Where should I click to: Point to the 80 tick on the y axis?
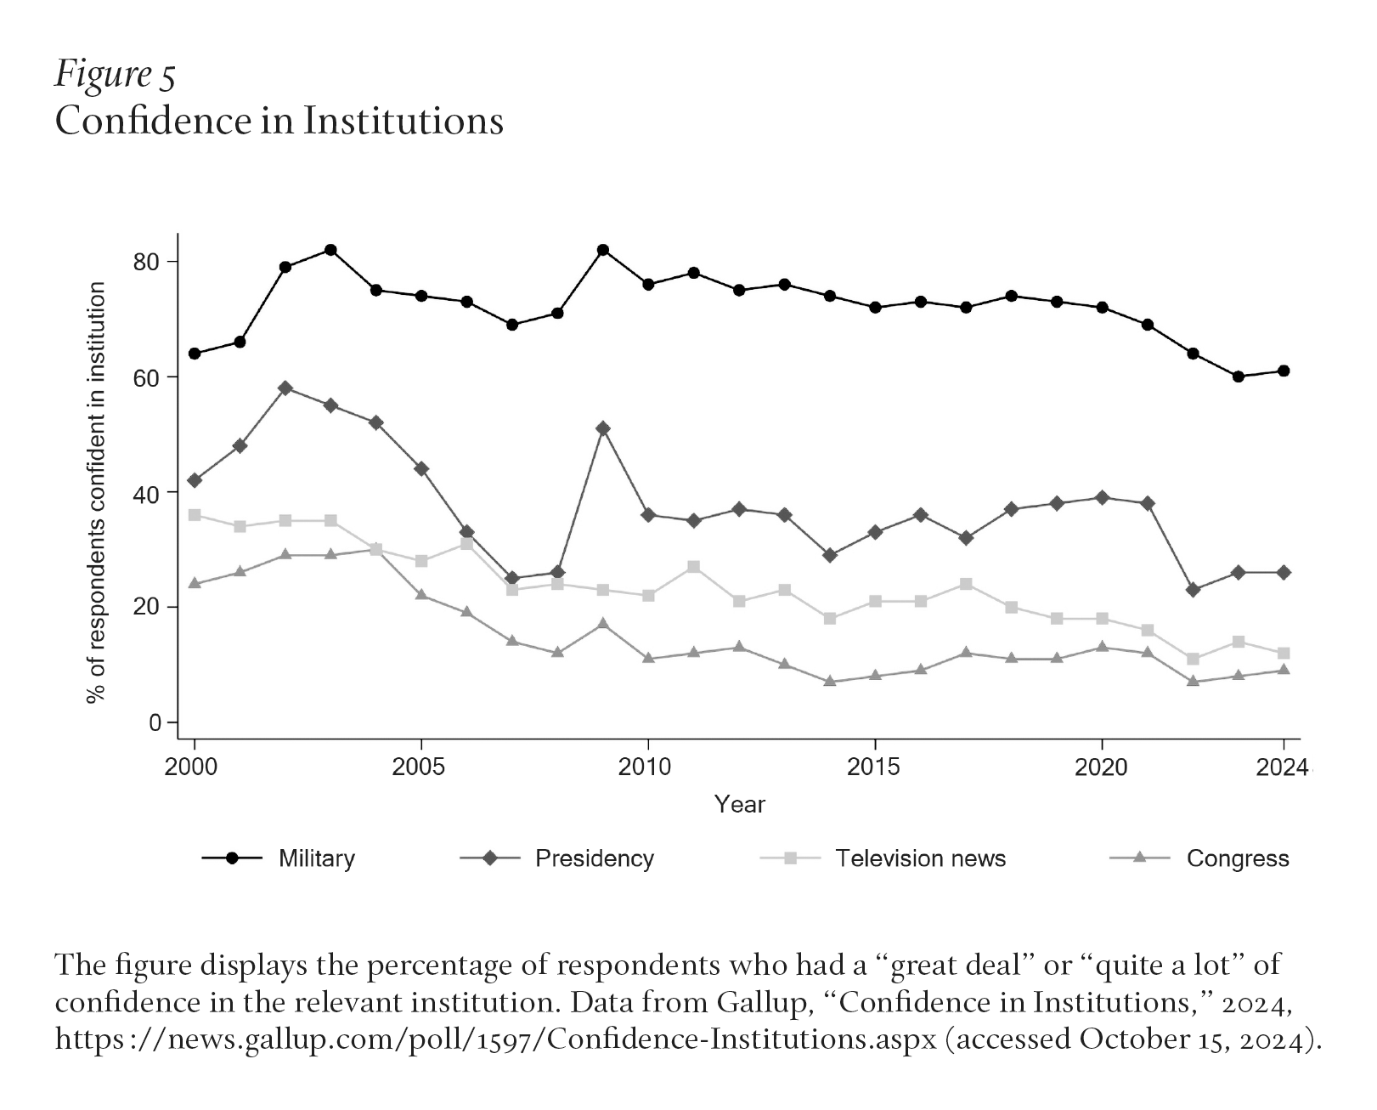pyautogui.click(x=146, y=262)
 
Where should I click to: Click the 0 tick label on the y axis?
pyautogui.click(x=155, y=723)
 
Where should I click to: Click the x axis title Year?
pyautogui.click(x=739, y=805)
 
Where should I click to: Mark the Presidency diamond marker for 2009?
pyautogui.click(x=603, y=428)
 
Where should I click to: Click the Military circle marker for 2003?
pyautogui.click(x=330, y=250)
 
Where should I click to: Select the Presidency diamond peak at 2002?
pyautogui.click(x=285, y=388)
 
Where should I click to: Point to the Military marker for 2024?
pyautogui.click(x=1284, y=371)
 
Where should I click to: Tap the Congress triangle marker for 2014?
pyautogui.click(x=830, y=682)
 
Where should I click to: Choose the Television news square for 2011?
pyautogui.click(x=693, y=567)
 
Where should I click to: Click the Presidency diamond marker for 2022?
pyautogui.click(x=1193, y=590)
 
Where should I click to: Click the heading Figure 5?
pyautogui.click(x=115, y=75)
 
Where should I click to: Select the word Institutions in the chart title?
pyautogui.click(x=404, y=121)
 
